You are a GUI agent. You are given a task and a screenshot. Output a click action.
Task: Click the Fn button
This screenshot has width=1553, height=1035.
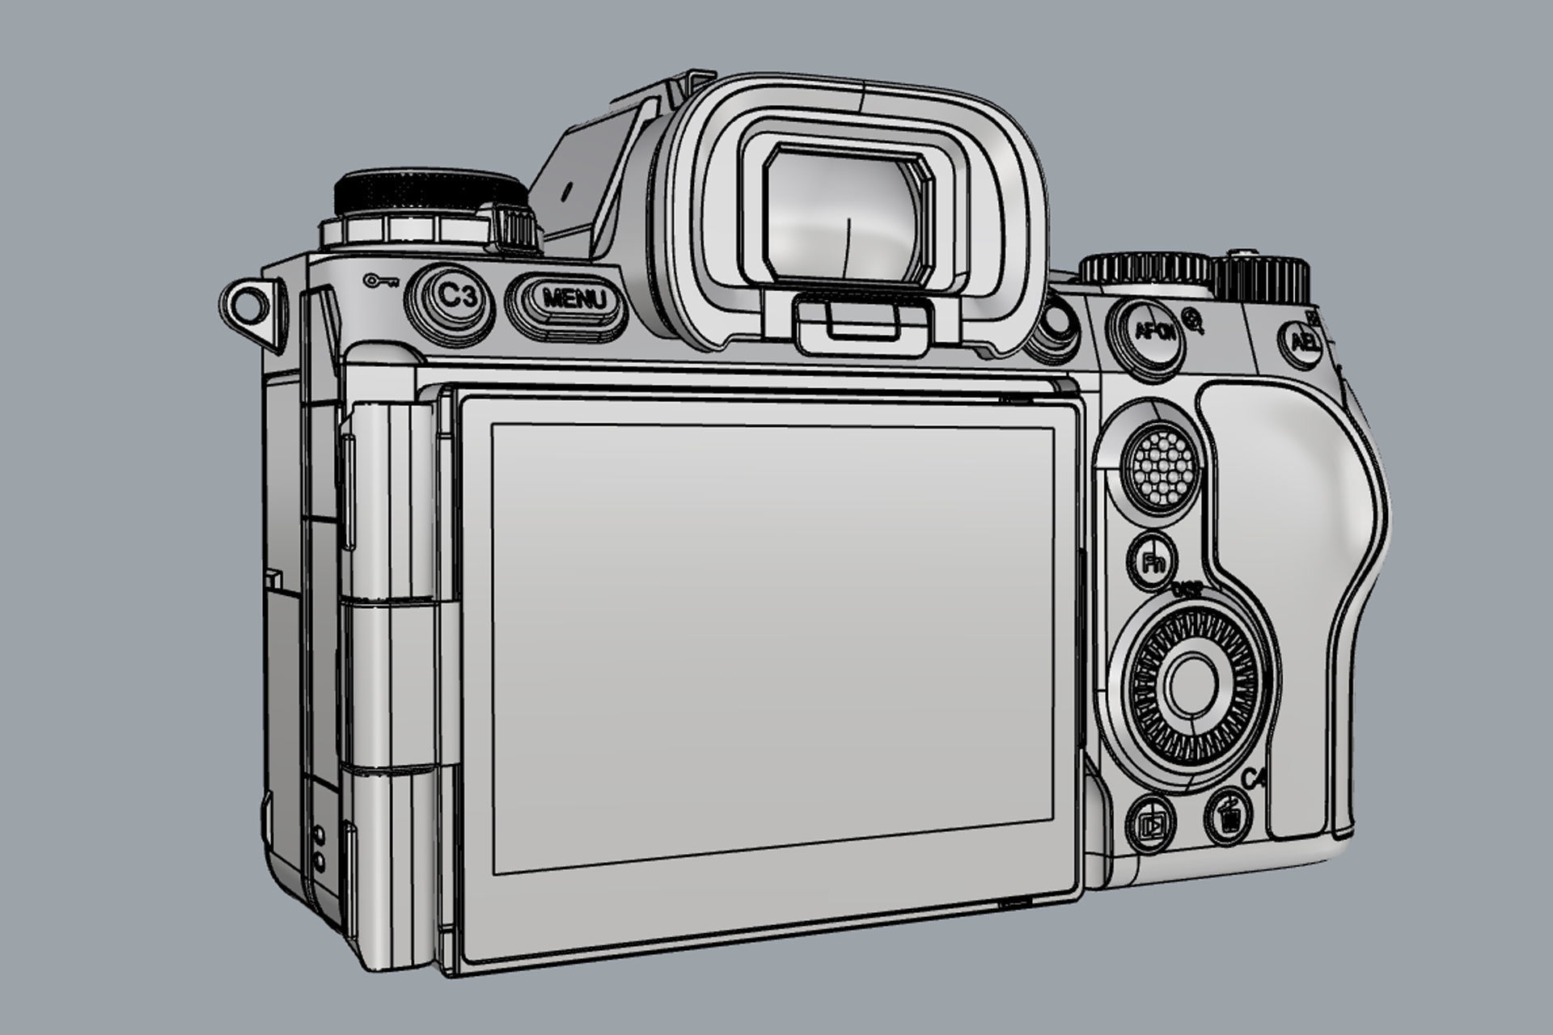point(1152,560)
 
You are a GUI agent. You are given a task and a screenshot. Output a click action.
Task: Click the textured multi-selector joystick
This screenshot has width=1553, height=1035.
point(1160,466)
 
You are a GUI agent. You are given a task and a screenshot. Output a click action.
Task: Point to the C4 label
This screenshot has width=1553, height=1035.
point(1254,779)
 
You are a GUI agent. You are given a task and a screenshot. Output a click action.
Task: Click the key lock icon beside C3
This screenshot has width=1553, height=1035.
point(379,281)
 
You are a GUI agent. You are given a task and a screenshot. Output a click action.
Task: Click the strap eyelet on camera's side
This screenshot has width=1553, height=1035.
point(246,306)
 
